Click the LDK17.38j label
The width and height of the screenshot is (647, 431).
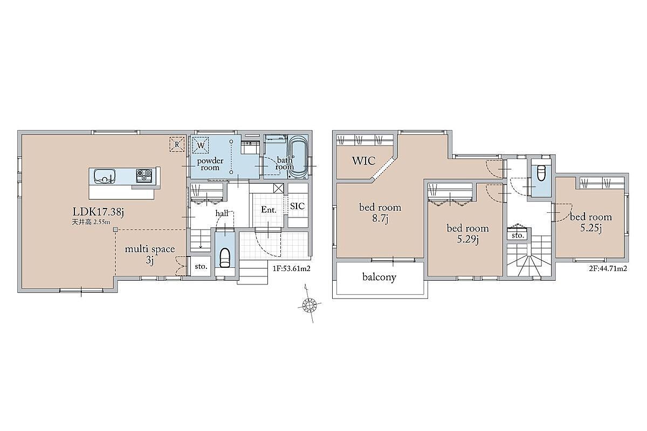click(98, 212)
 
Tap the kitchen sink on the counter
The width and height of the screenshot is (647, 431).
click(104, 176)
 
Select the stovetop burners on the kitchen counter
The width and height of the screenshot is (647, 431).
click(144, 175)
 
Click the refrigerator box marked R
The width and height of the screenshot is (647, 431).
click(177, 144)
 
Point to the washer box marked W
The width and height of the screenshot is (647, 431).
click(201, 145)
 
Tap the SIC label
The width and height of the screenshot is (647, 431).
click(297, 206)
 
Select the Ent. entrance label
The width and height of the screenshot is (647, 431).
click(269, 210)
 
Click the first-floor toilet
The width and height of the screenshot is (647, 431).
click(225, 257)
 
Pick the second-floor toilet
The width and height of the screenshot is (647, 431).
click(541, 172)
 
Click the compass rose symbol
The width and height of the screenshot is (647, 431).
click(309, 304)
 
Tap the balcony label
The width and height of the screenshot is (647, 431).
click(379, 277)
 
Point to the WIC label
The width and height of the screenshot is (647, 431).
click(363, 161)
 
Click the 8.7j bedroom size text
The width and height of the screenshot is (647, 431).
click(380, 219)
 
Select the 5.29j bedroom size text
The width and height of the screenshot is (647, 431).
click(467, 239)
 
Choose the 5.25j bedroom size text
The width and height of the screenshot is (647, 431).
click(591, 228)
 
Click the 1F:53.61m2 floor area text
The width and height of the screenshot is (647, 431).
click(292, 268)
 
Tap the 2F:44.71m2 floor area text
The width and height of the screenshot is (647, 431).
click(608, 268)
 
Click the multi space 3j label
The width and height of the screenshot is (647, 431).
click(150, 255)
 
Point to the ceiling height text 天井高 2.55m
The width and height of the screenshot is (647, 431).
click(91, 223)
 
